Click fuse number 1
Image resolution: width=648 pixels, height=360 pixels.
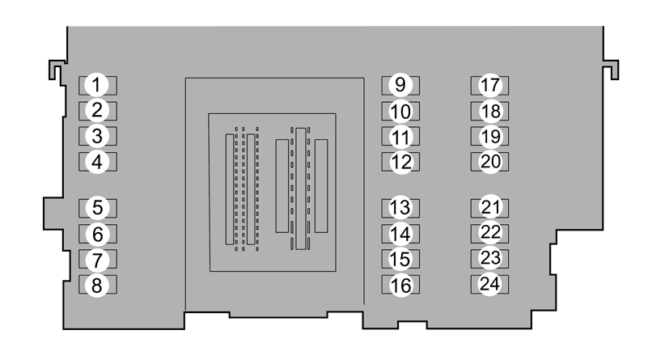click(98, 85)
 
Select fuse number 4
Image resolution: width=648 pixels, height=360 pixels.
click(98, 162)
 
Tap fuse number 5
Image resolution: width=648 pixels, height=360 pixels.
click(98, 208)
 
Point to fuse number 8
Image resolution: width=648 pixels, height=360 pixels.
click(98, 285)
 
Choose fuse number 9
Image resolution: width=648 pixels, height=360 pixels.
click(400, 85)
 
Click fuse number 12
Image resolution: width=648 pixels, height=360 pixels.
click(400, 162)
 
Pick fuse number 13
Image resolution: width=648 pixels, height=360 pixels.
click(400, 208)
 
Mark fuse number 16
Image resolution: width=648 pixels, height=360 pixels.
click(400, 285)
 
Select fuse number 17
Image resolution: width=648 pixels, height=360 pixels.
click(489, 85)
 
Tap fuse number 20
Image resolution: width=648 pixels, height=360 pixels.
click(489, 162)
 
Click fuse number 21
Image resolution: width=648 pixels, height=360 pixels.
click(489, 208)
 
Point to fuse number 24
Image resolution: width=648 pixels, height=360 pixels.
click(489, 285)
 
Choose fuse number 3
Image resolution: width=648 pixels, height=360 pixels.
click(98, 136)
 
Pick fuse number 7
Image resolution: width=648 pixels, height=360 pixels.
click(98, 259)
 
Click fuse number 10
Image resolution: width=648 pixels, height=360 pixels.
click(400, 111)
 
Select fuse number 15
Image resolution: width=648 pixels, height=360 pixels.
click(400, 259)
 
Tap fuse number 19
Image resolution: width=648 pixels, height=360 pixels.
click(489, 136)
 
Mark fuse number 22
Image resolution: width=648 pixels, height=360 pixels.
click(489, 234)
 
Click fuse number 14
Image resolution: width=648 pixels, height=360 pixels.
click(400, 234)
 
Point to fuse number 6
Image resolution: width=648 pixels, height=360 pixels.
click(98, 234)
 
